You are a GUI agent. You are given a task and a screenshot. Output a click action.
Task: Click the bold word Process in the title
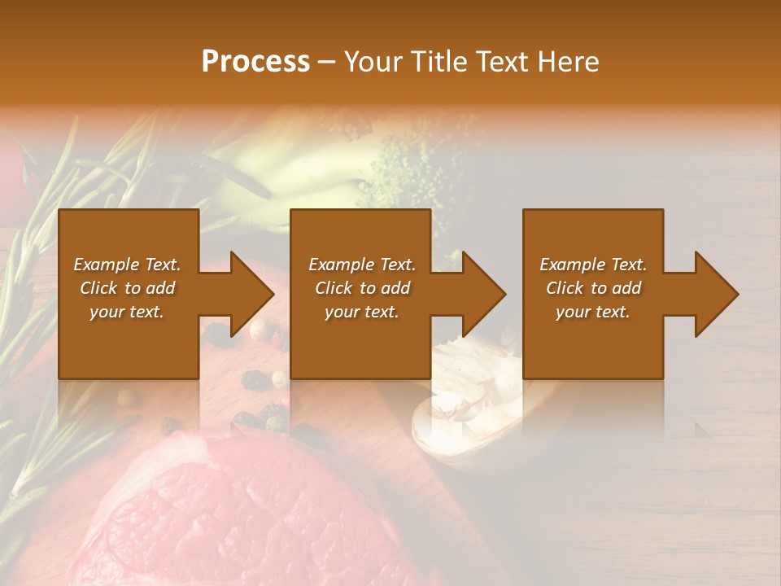tap(255, 62)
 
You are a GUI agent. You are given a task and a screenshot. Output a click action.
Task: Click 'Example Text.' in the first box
tap(127, 265)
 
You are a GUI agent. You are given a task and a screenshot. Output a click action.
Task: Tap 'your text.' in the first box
tap(127, 312)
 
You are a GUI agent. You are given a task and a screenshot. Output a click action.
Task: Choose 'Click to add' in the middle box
tap(361, 288)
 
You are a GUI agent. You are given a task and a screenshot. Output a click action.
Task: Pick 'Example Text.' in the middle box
tap(361, 265)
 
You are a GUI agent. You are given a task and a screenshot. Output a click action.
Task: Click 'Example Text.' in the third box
tap(593, 265)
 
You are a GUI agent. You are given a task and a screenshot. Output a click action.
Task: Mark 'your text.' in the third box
tap(593, 312)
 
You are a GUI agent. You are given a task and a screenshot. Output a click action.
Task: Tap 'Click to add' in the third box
tap(593, 288)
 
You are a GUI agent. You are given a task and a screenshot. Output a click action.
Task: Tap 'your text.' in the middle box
tap(361, 312)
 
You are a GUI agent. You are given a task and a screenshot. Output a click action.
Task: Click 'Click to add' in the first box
tap(127, 288)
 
